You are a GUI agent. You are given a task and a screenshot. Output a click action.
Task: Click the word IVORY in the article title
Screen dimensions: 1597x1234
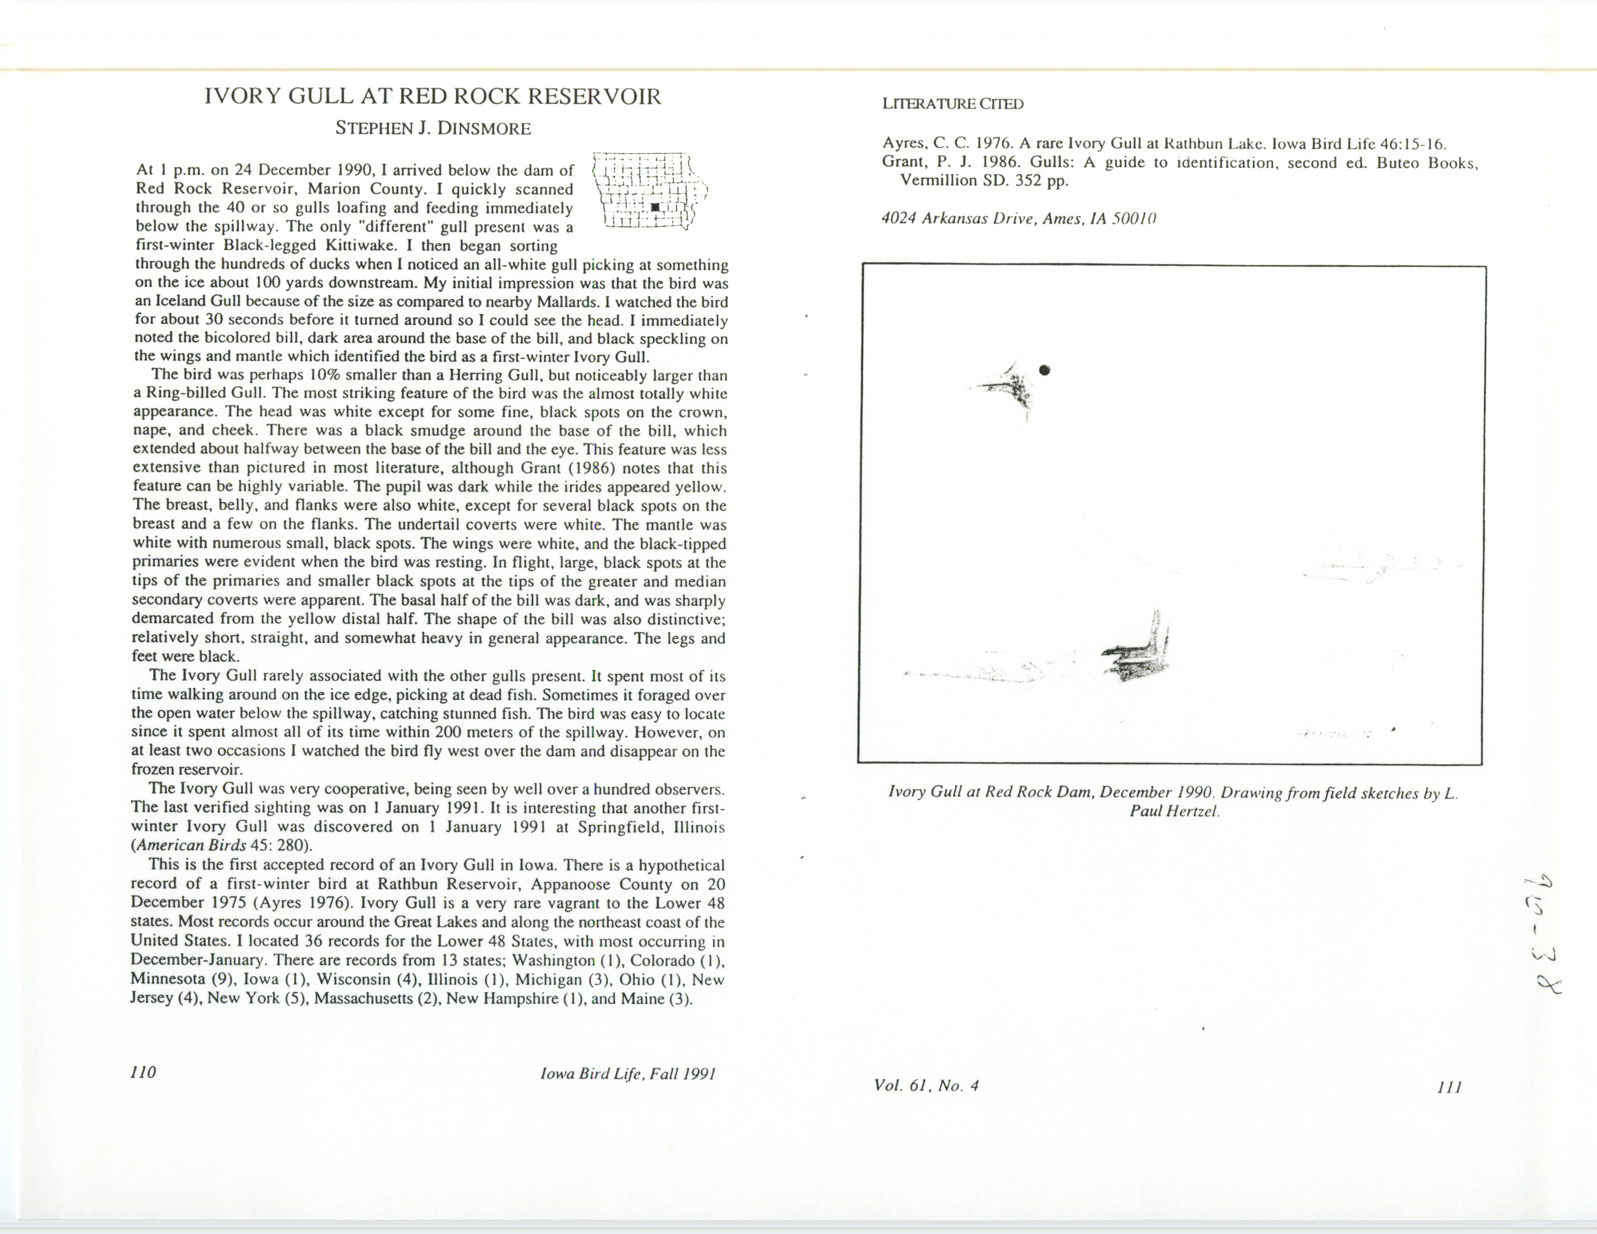pyautogui.click(x=244, y=97)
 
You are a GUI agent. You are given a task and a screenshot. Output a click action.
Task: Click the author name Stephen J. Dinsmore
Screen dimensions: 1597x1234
pyautogui.click(x=433, y=129)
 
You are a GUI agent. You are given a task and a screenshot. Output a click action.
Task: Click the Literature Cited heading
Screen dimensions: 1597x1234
pyautogui.click(x=953, y=104)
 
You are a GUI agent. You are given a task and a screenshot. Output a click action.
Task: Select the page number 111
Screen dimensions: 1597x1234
pyautogui.click(x=1449, y=1087)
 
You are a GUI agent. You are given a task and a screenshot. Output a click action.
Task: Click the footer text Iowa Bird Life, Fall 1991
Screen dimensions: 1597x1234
pyautogui.click(x=627, y=1074)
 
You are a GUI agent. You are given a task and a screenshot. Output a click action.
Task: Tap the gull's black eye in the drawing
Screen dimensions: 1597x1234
pyautogui.click(x=1045, y=370)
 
